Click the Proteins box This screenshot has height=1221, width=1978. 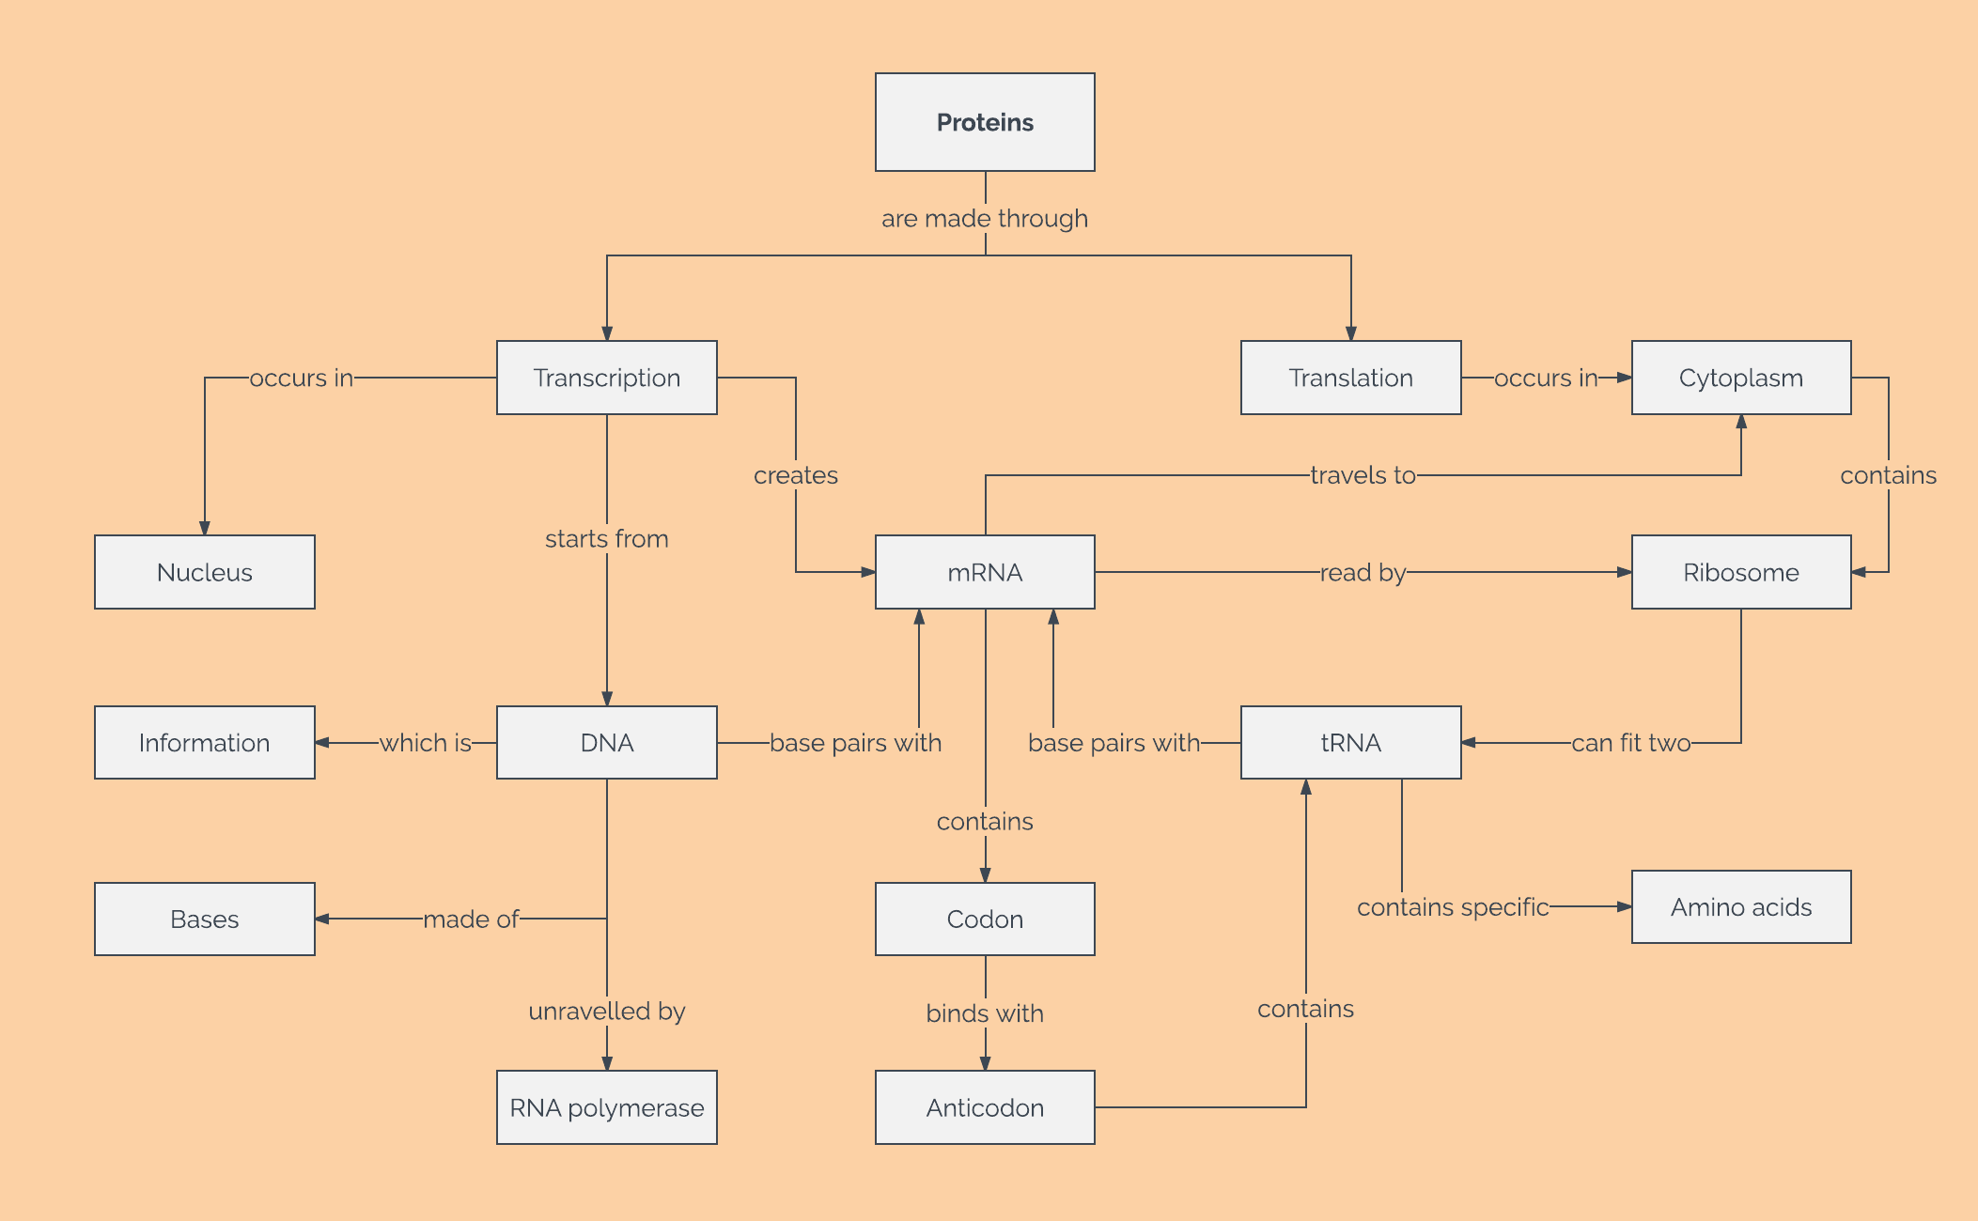[985, 122]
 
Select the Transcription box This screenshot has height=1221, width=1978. [606, 378]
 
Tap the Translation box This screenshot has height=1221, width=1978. [1350, 378]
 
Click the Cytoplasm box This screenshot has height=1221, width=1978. [1740, 378]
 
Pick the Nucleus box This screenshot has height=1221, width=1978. [204, 572]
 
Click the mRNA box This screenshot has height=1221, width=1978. [985, 572]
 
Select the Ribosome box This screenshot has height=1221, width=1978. [1740, 572]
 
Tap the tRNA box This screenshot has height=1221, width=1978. [1350, 743]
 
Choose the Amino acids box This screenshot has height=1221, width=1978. [1740, 906]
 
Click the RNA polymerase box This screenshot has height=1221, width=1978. [606, 1107]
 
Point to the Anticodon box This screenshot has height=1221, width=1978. [985, 1107]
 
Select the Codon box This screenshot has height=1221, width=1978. [985, 919]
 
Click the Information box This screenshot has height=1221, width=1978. [204, 743]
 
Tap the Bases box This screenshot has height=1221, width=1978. [204, 919]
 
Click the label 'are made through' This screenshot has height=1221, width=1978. [985, 218]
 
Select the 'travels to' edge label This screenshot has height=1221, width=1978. [1363, 475]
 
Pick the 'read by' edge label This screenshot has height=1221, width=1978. [1363, 572]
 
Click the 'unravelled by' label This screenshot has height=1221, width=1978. [606, 1011]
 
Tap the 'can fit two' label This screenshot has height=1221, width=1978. [1630, 743]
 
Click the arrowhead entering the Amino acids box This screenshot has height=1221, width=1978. [1625, 906]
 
